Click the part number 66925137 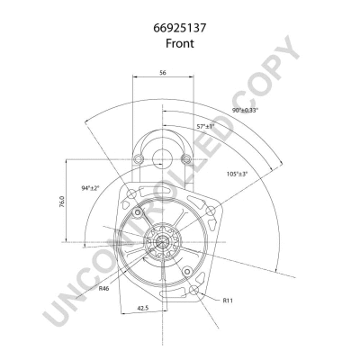click(x=180, y=28)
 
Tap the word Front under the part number click(x=180, y=43)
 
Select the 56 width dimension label click(x=163, y=72)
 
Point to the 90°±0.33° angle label click(x=245, y=110)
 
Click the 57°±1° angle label click(x=206, y=126)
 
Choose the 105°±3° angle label click(x=238, y=174)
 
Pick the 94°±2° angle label click(x=90, y=188)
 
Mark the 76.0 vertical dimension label click(x=61, y=202)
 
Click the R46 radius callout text click(x=103, y=289)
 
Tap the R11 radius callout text click(x=228, y=301)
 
